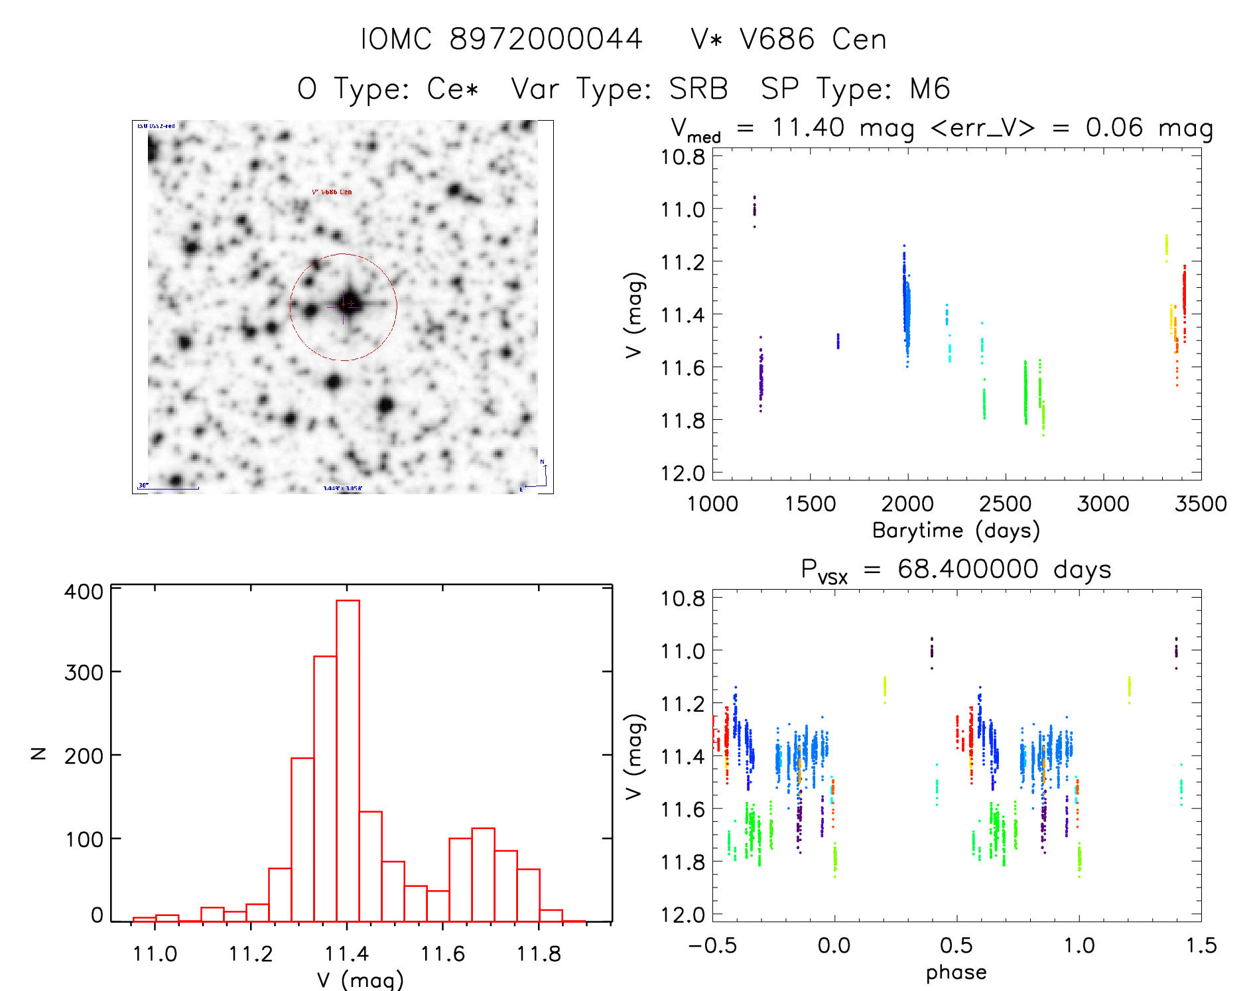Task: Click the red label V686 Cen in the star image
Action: pos(332,192)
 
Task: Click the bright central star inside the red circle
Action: pos(350,304)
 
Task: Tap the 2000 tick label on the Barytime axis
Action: pos(907,503)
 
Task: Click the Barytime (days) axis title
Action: pos(955,531)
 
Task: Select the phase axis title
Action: pos(956,972)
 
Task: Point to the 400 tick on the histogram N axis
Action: pos(83,591)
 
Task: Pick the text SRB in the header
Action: pos(698,89)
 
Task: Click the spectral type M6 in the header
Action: pos(930,89)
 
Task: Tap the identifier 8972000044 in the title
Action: pos(546,39)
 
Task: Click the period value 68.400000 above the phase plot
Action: pos(968,569)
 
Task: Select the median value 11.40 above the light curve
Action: pos(808,127)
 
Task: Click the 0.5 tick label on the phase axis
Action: pos(956,945)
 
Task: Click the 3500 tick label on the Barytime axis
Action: pos(1200,503)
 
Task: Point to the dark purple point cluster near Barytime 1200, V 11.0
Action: pos(754,208)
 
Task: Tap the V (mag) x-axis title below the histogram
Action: pos(360,980)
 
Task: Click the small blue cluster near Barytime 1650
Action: pos(838,341)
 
